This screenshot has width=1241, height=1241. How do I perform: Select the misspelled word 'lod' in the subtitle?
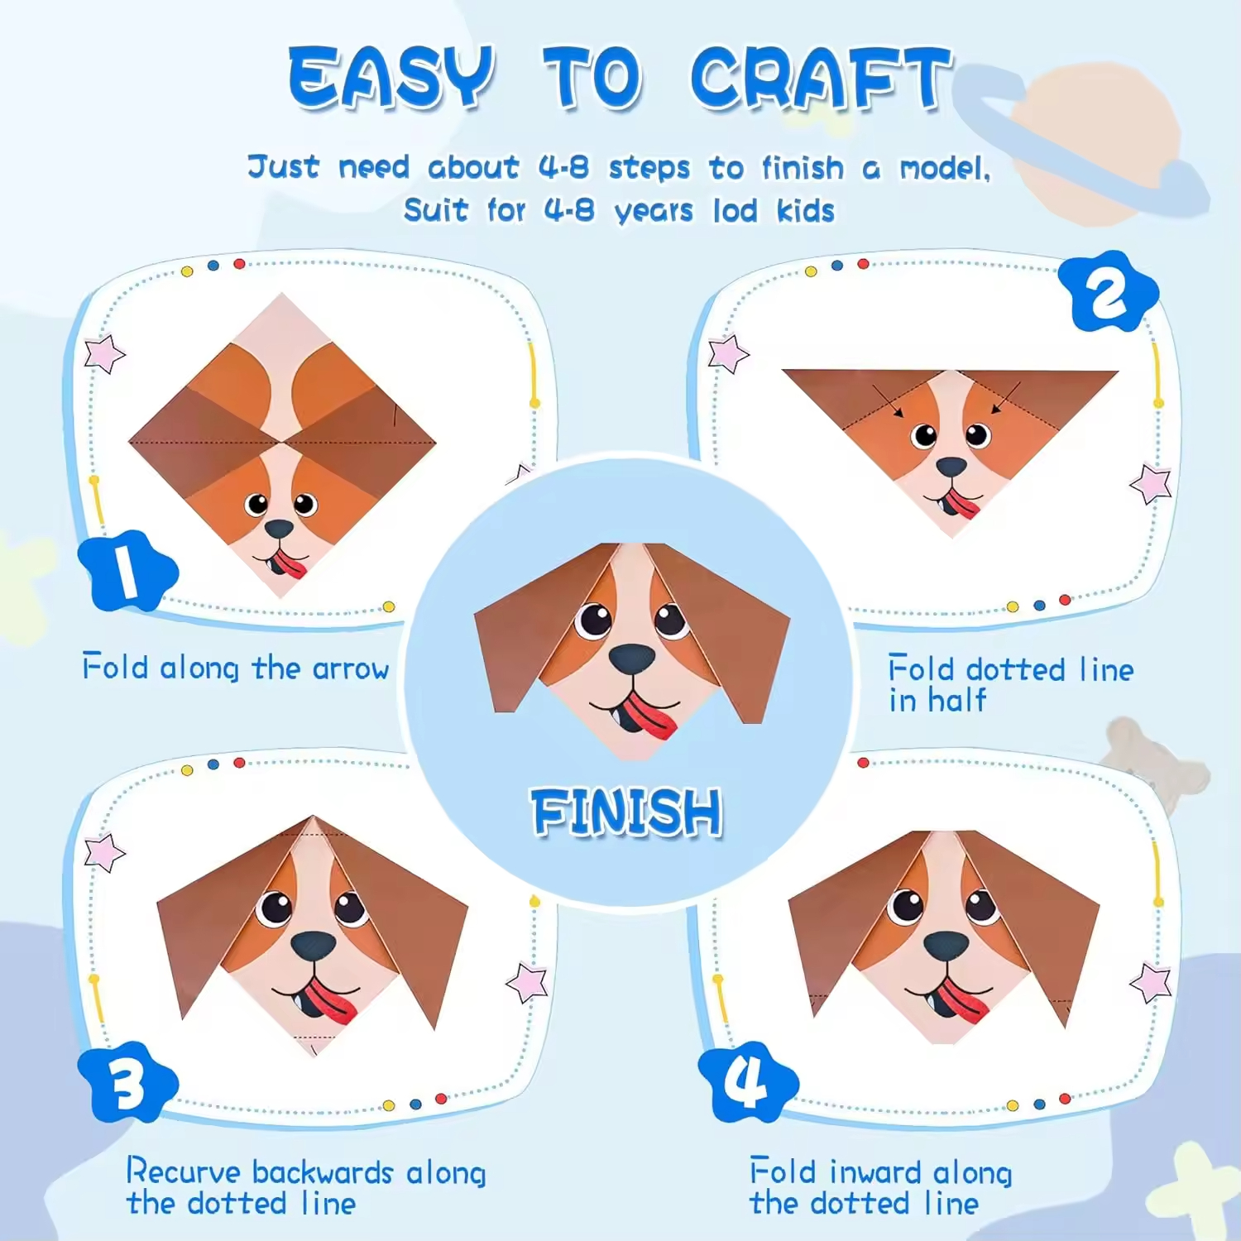click(735, 210)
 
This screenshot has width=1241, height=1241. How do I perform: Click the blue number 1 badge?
click(127, 571)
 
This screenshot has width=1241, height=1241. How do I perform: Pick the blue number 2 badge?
click(1108, 291)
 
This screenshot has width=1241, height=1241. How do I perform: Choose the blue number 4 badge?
click(748, 1082)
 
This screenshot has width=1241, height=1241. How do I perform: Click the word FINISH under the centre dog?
click(626, 812)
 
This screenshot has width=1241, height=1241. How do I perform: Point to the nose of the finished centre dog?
click(632, 659)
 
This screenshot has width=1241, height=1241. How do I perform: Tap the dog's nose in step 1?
click(279, 529)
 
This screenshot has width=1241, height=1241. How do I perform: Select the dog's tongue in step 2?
click(961, 502)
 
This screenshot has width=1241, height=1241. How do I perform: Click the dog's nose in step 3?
click(314, 945)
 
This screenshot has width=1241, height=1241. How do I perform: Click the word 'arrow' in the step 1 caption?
click(351, 668)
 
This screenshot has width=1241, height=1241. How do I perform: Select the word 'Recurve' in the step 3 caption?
click(184, 1172)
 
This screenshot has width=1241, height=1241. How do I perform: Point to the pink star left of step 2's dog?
click(728, 353)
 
